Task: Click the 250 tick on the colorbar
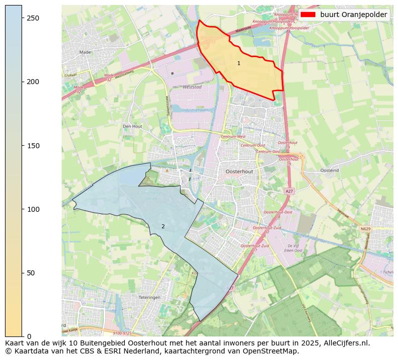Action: click(22, 18)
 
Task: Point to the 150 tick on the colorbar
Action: click(22, 146)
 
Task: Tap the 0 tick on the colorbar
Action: click(22, 336)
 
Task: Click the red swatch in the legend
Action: click(308, 15)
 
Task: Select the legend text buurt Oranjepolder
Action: click(353, 15)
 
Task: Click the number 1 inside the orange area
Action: click(239, 63)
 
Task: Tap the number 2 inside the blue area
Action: click(163, 227)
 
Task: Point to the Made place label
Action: click(85, 52)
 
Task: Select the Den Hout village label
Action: click(133, 127)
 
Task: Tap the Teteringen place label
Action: click(149, 297)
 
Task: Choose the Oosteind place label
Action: click(329, 170)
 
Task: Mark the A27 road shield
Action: click(289, 191)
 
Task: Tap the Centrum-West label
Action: click(233, 136)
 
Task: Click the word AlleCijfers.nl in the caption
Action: click(345, 343)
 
